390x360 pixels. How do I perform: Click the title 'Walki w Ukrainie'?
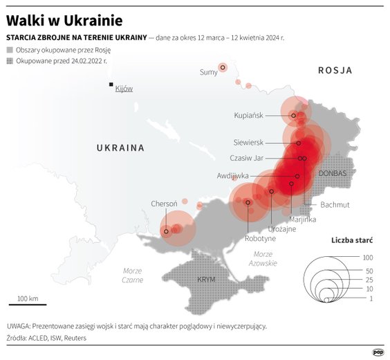64,19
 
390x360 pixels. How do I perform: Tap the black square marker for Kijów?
110,85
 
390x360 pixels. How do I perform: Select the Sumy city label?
208,72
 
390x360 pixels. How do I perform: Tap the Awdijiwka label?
232,176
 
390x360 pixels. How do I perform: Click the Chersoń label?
164,204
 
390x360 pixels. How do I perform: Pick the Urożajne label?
281,228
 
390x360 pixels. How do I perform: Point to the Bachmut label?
335,205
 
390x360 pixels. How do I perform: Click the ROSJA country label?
335,71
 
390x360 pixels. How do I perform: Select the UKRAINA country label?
120,147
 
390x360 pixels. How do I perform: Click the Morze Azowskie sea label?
262,259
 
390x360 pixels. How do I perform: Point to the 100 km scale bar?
28,303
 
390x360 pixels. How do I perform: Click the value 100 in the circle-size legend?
368,258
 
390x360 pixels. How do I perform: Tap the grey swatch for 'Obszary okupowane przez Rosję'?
9,51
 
